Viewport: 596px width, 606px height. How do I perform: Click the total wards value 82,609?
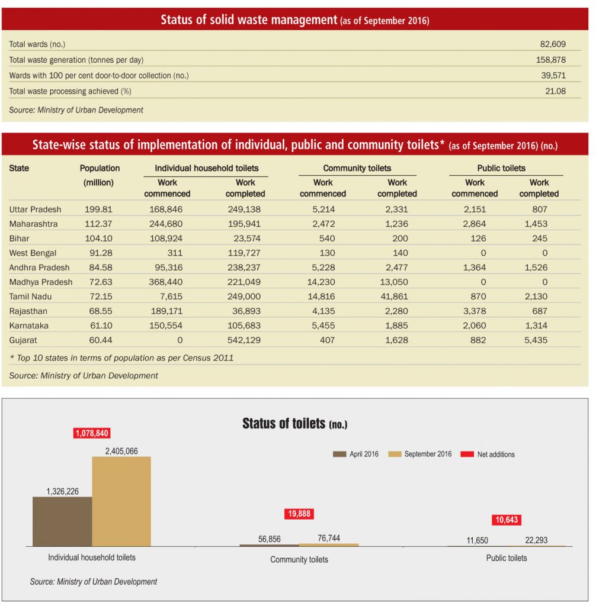click(553, 44)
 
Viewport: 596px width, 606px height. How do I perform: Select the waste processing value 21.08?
click(555, 91)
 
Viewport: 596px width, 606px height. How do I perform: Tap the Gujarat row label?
click(23, 340)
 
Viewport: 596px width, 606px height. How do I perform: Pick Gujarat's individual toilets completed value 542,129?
click(244, 340)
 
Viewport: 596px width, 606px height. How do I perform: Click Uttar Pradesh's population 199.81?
click(98, 209)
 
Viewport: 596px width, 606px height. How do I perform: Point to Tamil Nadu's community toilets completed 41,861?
click(393, 296)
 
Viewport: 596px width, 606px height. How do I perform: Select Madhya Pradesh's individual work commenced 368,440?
click(166, 282)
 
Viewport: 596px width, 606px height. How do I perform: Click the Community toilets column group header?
click(357, 168)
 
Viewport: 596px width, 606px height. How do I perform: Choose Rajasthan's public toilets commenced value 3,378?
click(475, 311)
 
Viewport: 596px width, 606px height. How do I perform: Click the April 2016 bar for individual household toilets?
click(62, 521)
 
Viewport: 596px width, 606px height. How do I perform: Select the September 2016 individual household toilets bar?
click(121, 501)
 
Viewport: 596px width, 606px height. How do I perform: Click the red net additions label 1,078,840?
click(92, 433)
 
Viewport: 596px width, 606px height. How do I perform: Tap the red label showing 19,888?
click(299, 514)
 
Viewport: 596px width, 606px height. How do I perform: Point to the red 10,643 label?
click(507, 520)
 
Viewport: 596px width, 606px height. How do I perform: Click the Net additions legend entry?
click(488, 454)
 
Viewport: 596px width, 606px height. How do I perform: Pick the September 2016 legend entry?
click(420, 454)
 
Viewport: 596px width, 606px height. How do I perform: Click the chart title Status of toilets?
click(295, 424)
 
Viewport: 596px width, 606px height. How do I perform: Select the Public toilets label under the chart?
click(507, 558)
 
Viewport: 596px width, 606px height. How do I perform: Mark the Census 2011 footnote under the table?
click(121, 358)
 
